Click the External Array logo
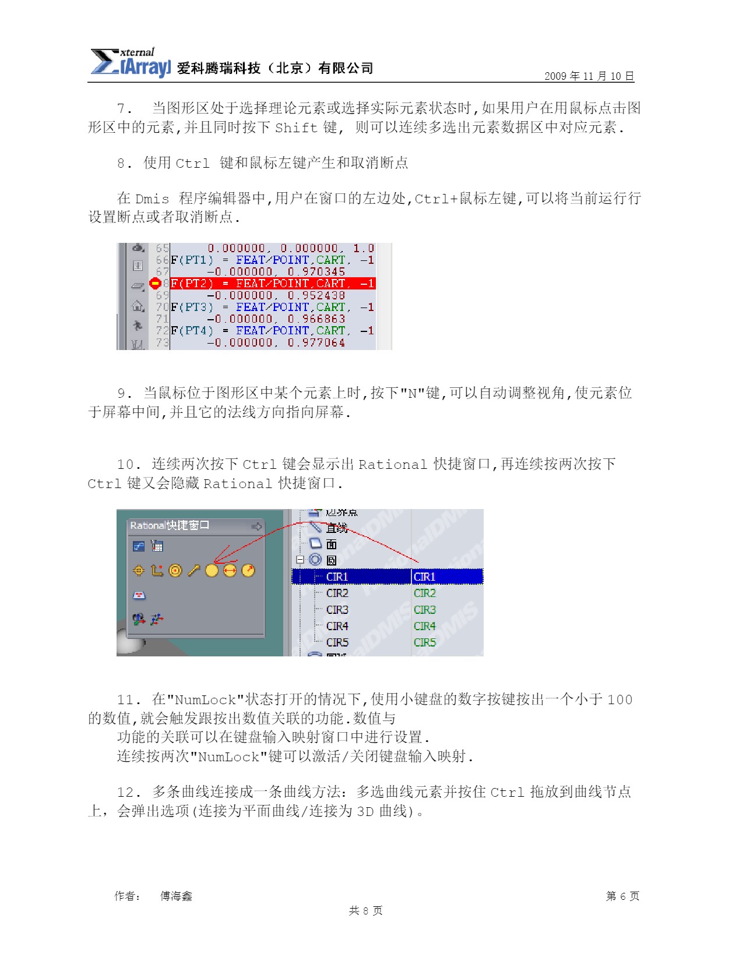pos(130,62)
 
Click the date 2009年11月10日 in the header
pos(589,76)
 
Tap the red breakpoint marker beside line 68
pos(155,284)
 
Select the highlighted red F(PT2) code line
pos(273,284)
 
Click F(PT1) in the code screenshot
pos(192,260)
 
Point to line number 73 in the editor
pos(162,342)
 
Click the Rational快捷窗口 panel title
pos(169,525)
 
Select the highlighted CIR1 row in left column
pos(337,577)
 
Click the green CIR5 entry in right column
pos(424,642)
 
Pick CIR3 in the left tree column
pos(337,610)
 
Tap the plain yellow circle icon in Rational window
pos(212,571)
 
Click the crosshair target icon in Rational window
pos(139,571)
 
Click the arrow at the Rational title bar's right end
pos(256,527)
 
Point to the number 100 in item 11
pos(619,699)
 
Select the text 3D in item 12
pos(365,811)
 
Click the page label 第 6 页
pos(622,896)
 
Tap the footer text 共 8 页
pos(365,910)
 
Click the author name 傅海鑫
pos(176,896)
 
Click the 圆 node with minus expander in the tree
pos(331,560)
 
